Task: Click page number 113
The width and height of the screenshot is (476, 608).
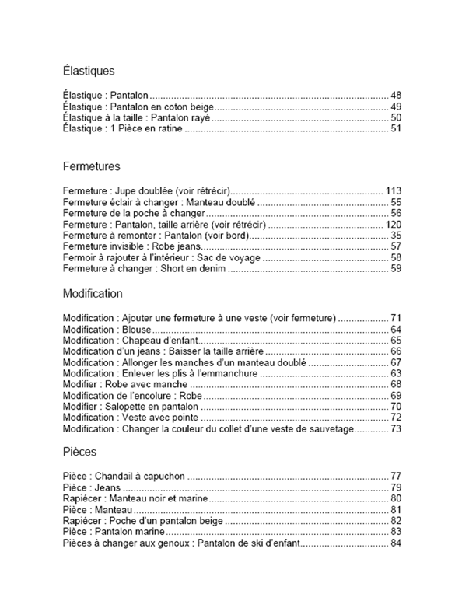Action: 393,191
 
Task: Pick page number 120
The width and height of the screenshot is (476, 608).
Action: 393,224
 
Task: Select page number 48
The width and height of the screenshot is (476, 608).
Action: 396,96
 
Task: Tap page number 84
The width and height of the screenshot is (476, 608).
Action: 396,543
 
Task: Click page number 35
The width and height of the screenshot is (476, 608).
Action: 396,236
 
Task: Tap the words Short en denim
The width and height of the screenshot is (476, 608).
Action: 192,268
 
